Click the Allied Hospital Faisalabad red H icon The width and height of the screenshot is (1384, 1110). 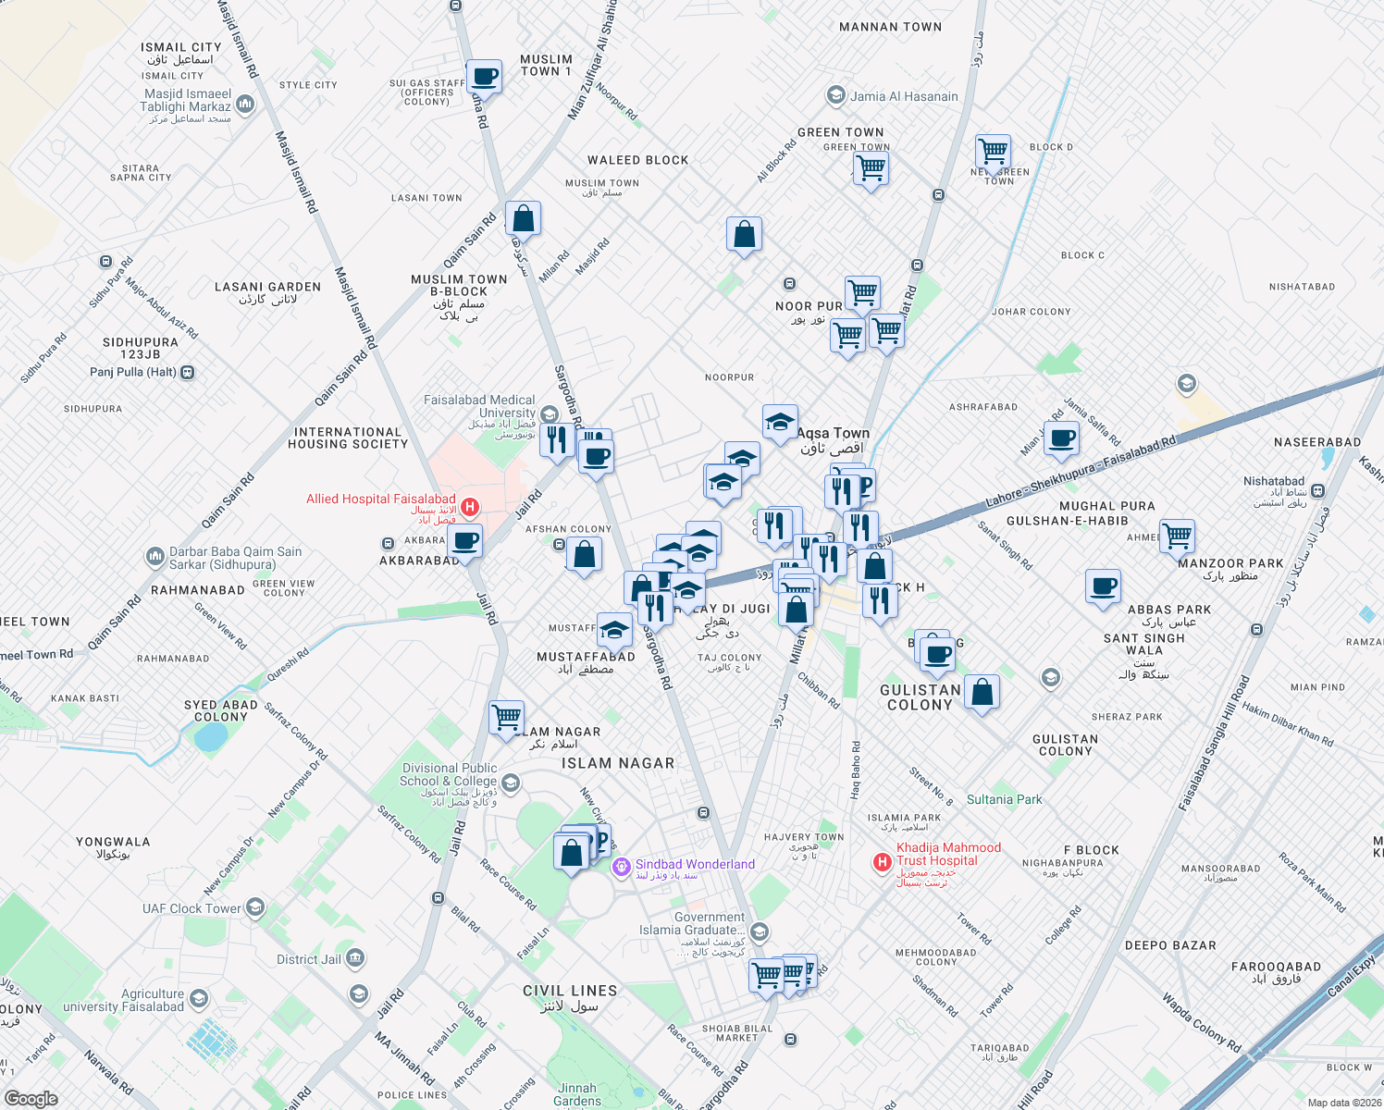tap(470, 507)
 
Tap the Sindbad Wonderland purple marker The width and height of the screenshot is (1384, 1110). tap(622, 867)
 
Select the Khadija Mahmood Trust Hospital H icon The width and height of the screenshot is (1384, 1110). tap(883, 862)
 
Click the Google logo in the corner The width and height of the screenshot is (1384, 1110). tap(31, 1099)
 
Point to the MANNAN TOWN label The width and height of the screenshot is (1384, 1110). tap(890, 27)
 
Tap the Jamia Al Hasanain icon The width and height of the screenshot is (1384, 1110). tap(836, 96)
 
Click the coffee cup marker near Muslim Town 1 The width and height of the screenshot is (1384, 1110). tap(484, 77)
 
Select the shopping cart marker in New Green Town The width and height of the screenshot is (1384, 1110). tap(993, 151)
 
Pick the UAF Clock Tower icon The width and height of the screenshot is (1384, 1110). tap(255, 908)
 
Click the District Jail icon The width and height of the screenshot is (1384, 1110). tap(355, 959)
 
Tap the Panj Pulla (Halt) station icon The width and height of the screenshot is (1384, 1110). tap(188, 373)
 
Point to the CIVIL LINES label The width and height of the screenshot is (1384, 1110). tap(570, 991)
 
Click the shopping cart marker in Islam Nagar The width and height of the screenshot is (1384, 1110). tap(506, 718)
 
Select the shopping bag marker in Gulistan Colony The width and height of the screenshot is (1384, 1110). tap(982, 692)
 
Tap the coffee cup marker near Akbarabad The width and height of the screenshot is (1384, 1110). tap(465, 541)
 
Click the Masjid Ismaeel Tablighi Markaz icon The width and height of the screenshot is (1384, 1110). tap(245, 105)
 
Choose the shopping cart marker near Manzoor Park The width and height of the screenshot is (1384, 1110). tap(1177, 536)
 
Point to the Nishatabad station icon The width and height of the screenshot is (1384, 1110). tap(1317, 491)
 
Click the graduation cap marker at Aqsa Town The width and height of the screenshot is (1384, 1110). tap(780, 423)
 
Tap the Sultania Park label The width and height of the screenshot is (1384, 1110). tap(1004, 799)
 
